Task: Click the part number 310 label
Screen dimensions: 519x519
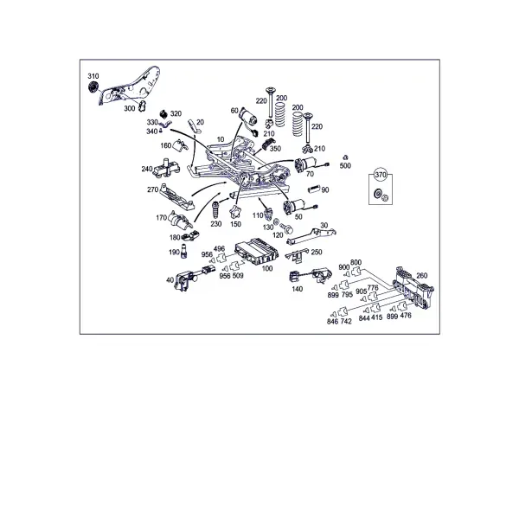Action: click(93, 76)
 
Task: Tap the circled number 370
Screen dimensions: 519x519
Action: click(381, 175)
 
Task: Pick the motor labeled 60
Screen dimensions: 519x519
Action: click(248, 119)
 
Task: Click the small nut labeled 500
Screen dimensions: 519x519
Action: click(345, 157)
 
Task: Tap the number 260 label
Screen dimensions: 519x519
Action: click(421, 275)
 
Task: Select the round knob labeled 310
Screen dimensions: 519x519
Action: click(93, 87)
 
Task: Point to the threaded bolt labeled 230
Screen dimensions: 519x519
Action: click(215, 208)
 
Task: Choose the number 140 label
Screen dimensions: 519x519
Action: click(298, 289)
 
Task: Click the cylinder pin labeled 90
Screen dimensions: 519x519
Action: click(313, 189)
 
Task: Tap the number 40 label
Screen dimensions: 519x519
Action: click(170, 280)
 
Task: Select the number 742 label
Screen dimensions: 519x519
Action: click(345, 321)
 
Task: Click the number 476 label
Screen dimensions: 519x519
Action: click(406, 316)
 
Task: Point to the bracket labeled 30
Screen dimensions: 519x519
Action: click(311, 235)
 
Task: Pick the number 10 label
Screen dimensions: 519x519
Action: click(221, 139)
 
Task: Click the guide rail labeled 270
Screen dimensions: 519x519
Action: click(176, 196)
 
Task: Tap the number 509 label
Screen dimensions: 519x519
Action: click(238, 276)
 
